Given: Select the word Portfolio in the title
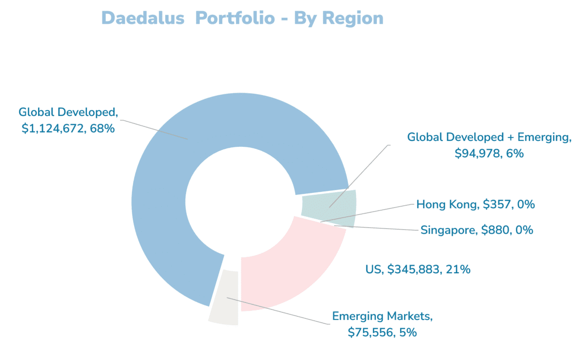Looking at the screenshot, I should click(234, 18).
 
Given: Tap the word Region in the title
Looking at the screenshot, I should click(352, 18).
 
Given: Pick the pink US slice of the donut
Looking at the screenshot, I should click(288, 268).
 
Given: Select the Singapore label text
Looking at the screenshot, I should click(449, 230).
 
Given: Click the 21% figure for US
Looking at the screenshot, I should click(459, 270).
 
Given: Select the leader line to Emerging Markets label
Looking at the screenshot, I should click(278, 310).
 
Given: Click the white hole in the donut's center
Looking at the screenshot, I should click(238, 203).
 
